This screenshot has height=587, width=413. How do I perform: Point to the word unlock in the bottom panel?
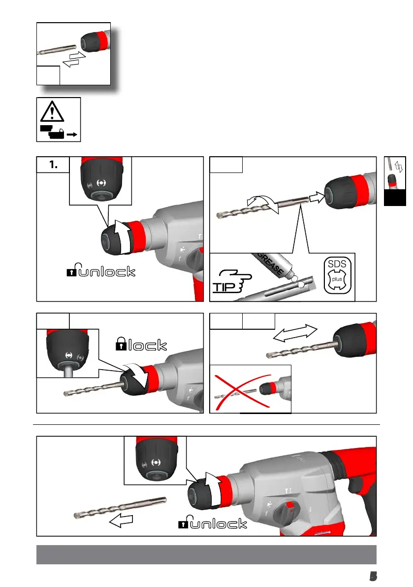(x=218, y=523)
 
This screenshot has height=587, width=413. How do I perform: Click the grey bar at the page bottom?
(x=206, y=554)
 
